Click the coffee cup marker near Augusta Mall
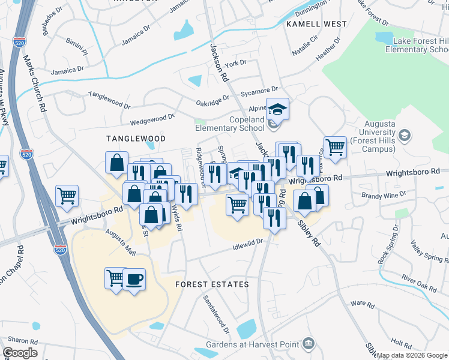134,279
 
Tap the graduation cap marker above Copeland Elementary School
278,109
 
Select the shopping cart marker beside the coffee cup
115,278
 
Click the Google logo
20,353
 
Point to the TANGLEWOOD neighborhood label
127,138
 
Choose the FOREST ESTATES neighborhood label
212,284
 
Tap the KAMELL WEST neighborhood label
316,24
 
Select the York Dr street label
235,63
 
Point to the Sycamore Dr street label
259,90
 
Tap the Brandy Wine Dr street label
384,194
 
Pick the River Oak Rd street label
419,284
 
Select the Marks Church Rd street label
35,83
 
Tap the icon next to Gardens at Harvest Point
309,344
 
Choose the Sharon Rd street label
19,340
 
